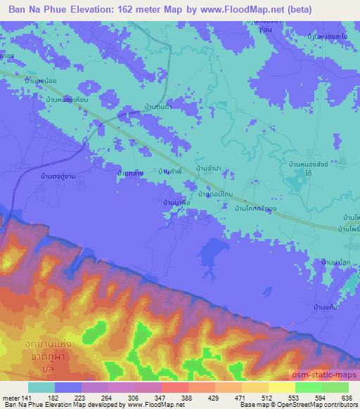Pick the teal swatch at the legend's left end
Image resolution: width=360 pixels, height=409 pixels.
coord(41,387)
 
